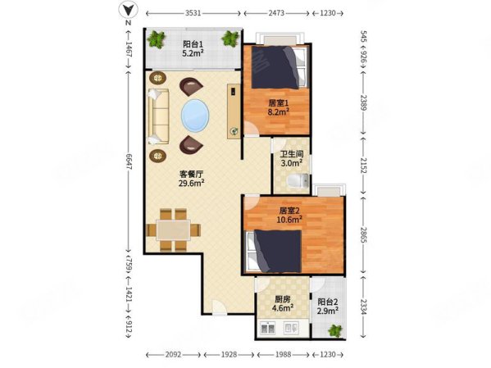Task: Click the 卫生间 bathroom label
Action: coord(291,156)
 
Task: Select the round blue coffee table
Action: coord(195,116)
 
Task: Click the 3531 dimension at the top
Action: coord(193,14)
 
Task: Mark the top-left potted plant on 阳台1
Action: coord(154,38)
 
